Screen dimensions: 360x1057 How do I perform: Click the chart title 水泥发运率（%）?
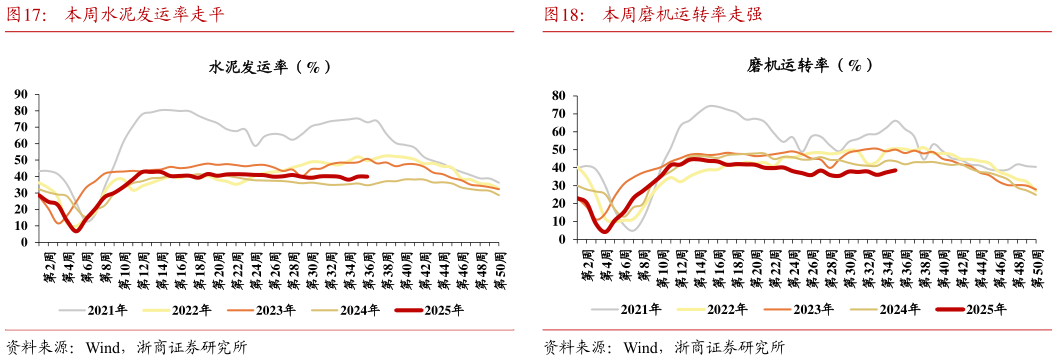(269, 67)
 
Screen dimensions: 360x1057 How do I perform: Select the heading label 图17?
(27, 15)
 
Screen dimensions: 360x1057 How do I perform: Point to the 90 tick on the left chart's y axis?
(20, 94)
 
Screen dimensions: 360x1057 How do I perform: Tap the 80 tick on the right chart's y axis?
(558, 96)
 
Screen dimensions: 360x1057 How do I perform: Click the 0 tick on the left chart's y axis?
(24, 241)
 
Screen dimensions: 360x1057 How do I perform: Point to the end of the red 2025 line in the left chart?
(368, 177)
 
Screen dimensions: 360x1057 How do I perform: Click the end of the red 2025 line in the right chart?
(895, 170)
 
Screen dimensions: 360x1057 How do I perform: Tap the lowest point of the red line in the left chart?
(76, 230)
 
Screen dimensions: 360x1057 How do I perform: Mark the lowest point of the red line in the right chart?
(604, 231)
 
